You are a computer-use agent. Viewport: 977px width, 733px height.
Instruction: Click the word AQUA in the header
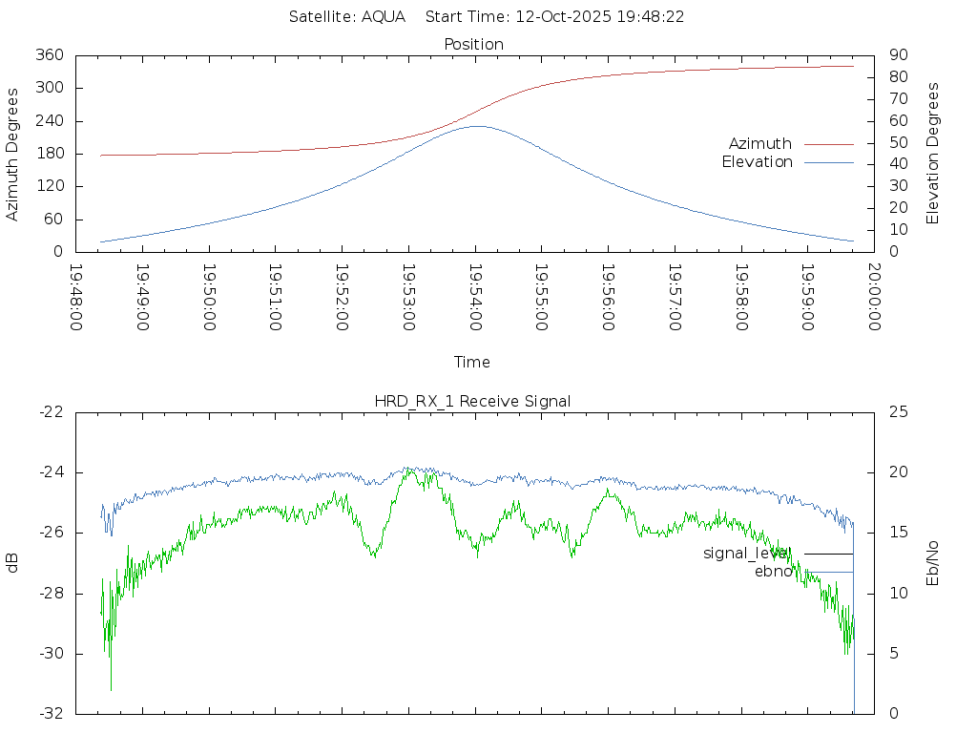click(x=383, y=17)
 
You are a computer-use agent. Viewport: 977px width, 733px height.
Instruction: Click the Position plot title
click(x=474, y=45)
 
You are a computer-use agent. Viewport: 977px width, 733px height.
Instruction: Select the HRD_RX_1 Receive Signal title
click(x=472, y=402)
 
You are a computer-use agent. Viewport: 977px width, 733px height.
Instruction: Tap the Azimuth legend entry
click(x=760, y=144)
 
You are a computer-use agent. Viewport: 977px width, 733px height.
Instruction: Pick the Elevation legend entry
click(x=757, y=162)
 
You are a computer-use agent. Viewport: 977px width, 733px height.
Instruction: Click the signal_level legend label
click(x=747, y=554)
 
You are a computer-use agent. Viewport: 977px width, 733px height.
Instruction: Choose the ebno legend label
click(x=773, y=572)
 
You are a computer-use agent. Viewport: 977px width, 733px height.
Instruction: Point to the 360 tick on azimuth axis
click(x=50, y=55)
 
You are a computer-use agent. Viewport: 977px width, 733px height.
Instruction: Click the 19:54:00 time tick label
click(x=475, y=297)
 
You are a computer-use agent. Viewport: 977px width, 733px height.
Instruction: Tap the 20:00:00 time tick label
click(x=874, y=297)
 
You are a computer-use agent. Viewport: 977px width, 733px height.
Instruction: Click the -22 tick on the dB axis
click(x=51, y=412)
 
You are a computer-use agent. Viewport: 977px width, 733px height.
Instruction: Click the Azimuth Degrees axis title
click(x=12, y=154)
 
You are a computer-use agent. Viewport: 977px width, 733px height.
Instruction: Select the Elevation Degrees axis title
click(x=933, y=154)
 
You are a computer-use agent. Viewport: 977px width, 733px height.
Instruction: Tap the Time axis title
click(x=472, y=363)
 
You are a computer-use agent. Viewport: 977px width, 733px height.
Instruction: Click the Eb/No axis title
click(x=933, y=562)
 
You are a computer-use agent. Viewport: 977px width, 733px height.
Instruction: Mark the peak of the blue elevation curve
click(x=475, y=126)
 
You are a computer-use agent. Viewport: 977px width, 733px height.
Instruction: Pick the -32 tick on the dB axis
click(x=51, y=714)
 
